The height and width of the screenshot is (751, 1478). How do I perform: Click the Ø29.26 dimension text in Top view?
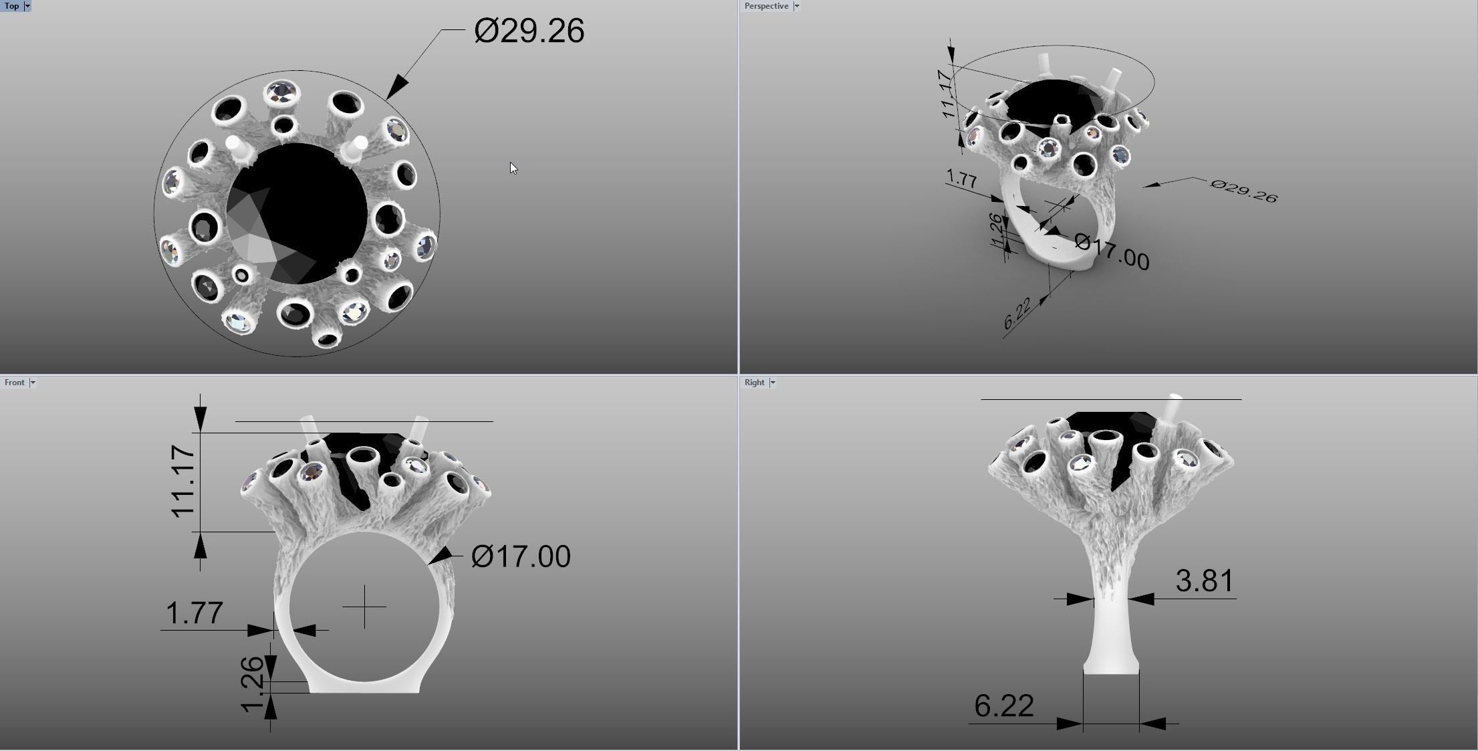point(529,31)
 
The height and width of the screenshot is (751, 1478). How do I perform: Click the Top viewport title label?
point(11,6)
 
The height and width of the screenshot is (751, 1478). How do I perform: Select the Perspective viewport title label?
point(766,6)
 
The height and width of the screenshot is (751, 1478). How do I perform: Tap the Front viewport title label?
point(14,383)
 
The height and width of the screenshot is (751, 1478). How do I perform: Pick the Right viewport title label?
point(754,383)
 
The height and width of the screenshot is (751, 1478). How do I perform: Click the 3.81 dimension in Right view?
point(1204,580)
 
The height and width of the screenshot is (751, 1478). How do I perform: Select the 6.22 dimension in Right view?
point(1003,706)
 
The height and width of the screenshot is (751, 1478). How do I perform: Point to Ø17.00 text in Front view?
point(521,556)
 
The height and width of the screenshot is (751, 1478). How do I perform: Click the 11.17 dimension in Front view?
point(182,481)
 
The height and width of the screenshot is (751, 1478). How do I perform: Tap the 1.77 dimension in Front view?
point(194,613)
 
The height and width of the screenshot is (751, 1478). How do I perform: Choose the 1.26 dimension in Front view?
point(251,684)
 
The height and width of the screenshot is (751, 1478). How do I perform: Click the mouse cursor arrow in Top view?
point(513,168)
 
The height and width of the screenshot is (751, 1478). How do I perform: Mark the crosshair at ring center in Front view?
point(364,607)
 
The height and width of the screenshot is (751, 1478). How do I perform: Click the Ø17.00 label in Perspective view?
point(1112,252)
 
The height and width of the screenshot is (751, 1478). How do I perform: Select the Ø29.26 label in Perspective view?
point(1243,191)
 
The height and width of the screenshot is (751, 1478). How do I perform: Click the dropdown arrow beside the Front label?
point(32,383)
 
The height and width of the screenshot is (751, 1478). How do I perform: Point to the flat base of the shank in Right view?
point(1110,671)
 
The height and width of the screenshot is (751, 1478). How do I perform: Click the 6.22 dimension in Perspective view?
point(1017,313)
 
